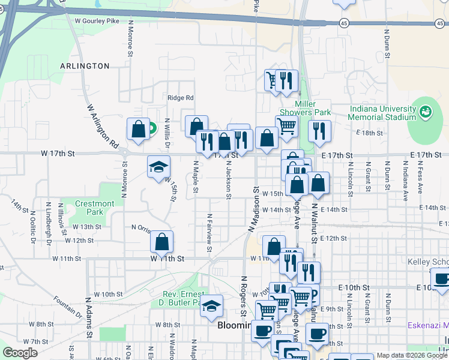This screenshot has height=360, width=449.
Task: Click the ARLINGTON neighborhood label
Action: pos(84,66)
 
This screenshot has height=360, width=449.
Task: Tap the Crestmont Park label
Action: pos(95,208)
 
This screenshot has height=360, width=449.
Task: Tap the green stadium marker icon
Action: pos(426,111)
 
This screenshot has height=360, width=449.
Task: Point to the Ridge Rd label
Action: pos(181,98)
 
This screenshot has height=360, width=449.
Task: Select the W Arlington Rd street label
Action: pos(102,127)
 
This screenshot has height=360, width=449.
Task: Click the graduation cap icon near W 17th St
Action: pos(159,166)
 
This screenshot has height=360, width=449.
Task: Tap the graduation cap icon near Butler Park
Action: pos(211,305)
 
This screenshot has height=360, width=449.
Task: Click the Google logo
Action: pos(20,353)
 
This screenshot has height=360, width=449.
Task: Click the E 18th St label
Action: pos(369,133)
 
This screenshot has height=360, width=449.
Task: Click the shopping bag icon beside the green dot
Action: pos(138,129)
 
